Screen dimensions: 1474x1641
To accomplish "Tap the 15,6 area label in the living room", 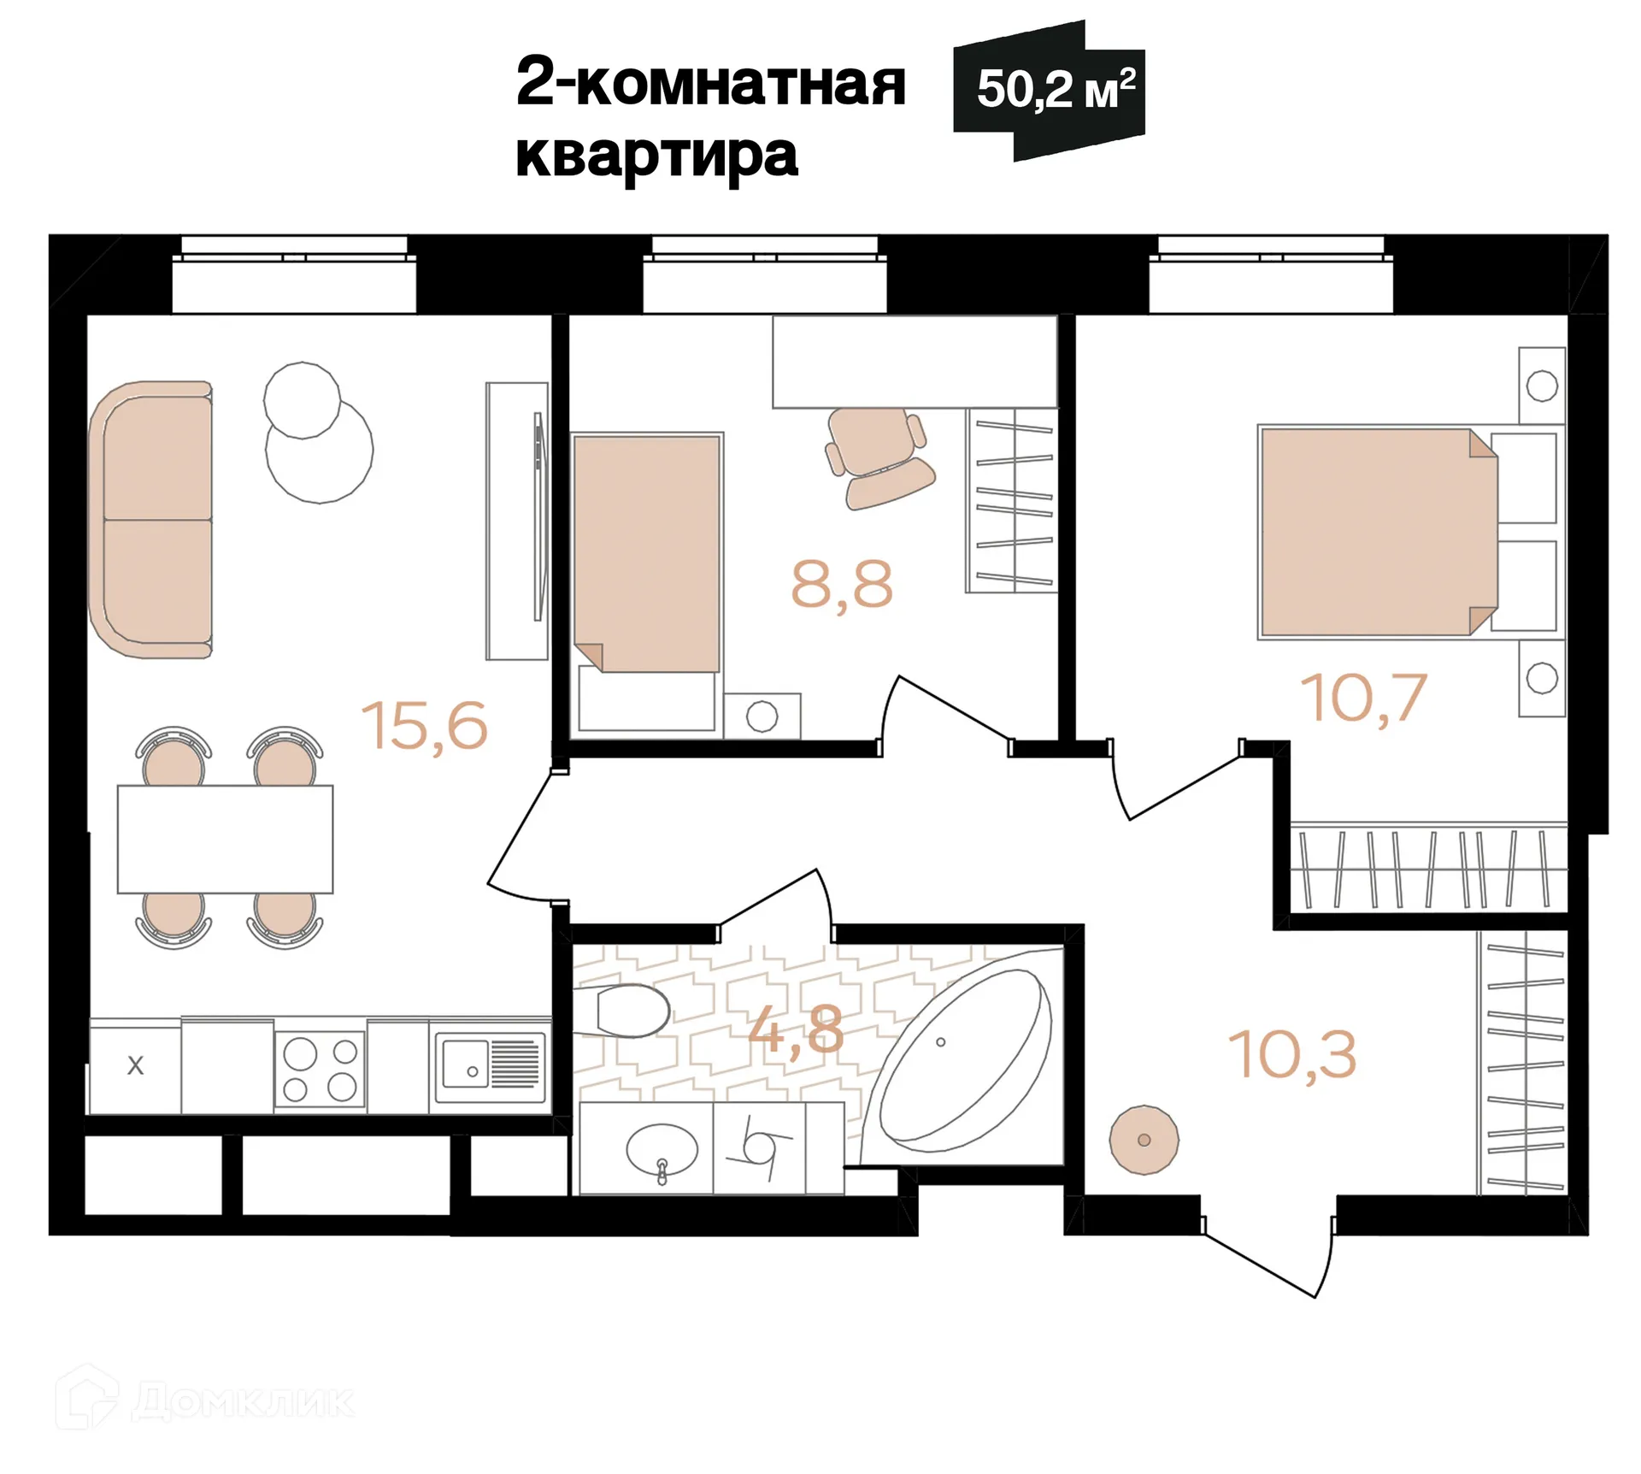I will (424, 726).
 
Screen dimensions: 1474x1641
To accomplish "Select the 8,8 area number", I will (841, 586).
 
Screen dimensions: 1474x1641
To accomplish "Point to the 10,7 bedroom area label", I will (1362, 699).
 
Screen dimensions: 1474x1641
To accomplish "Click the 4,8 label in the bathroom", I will (796, 1029).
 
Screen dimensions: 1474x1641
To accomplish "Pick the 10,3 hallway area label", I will (1291, 1055).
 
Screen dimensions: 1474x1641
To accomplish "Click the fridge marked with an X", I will (135, 1066).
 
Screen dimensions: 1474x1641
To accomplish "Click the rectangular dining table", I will (225, 839).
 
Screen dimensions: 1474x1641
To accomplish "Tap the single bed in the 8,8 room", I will (647, 554).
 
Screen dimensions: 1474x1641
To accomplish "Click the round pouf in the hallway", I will (1144, 1140).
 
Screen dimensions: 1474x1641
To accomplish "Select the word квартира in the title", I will (656, 156).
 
